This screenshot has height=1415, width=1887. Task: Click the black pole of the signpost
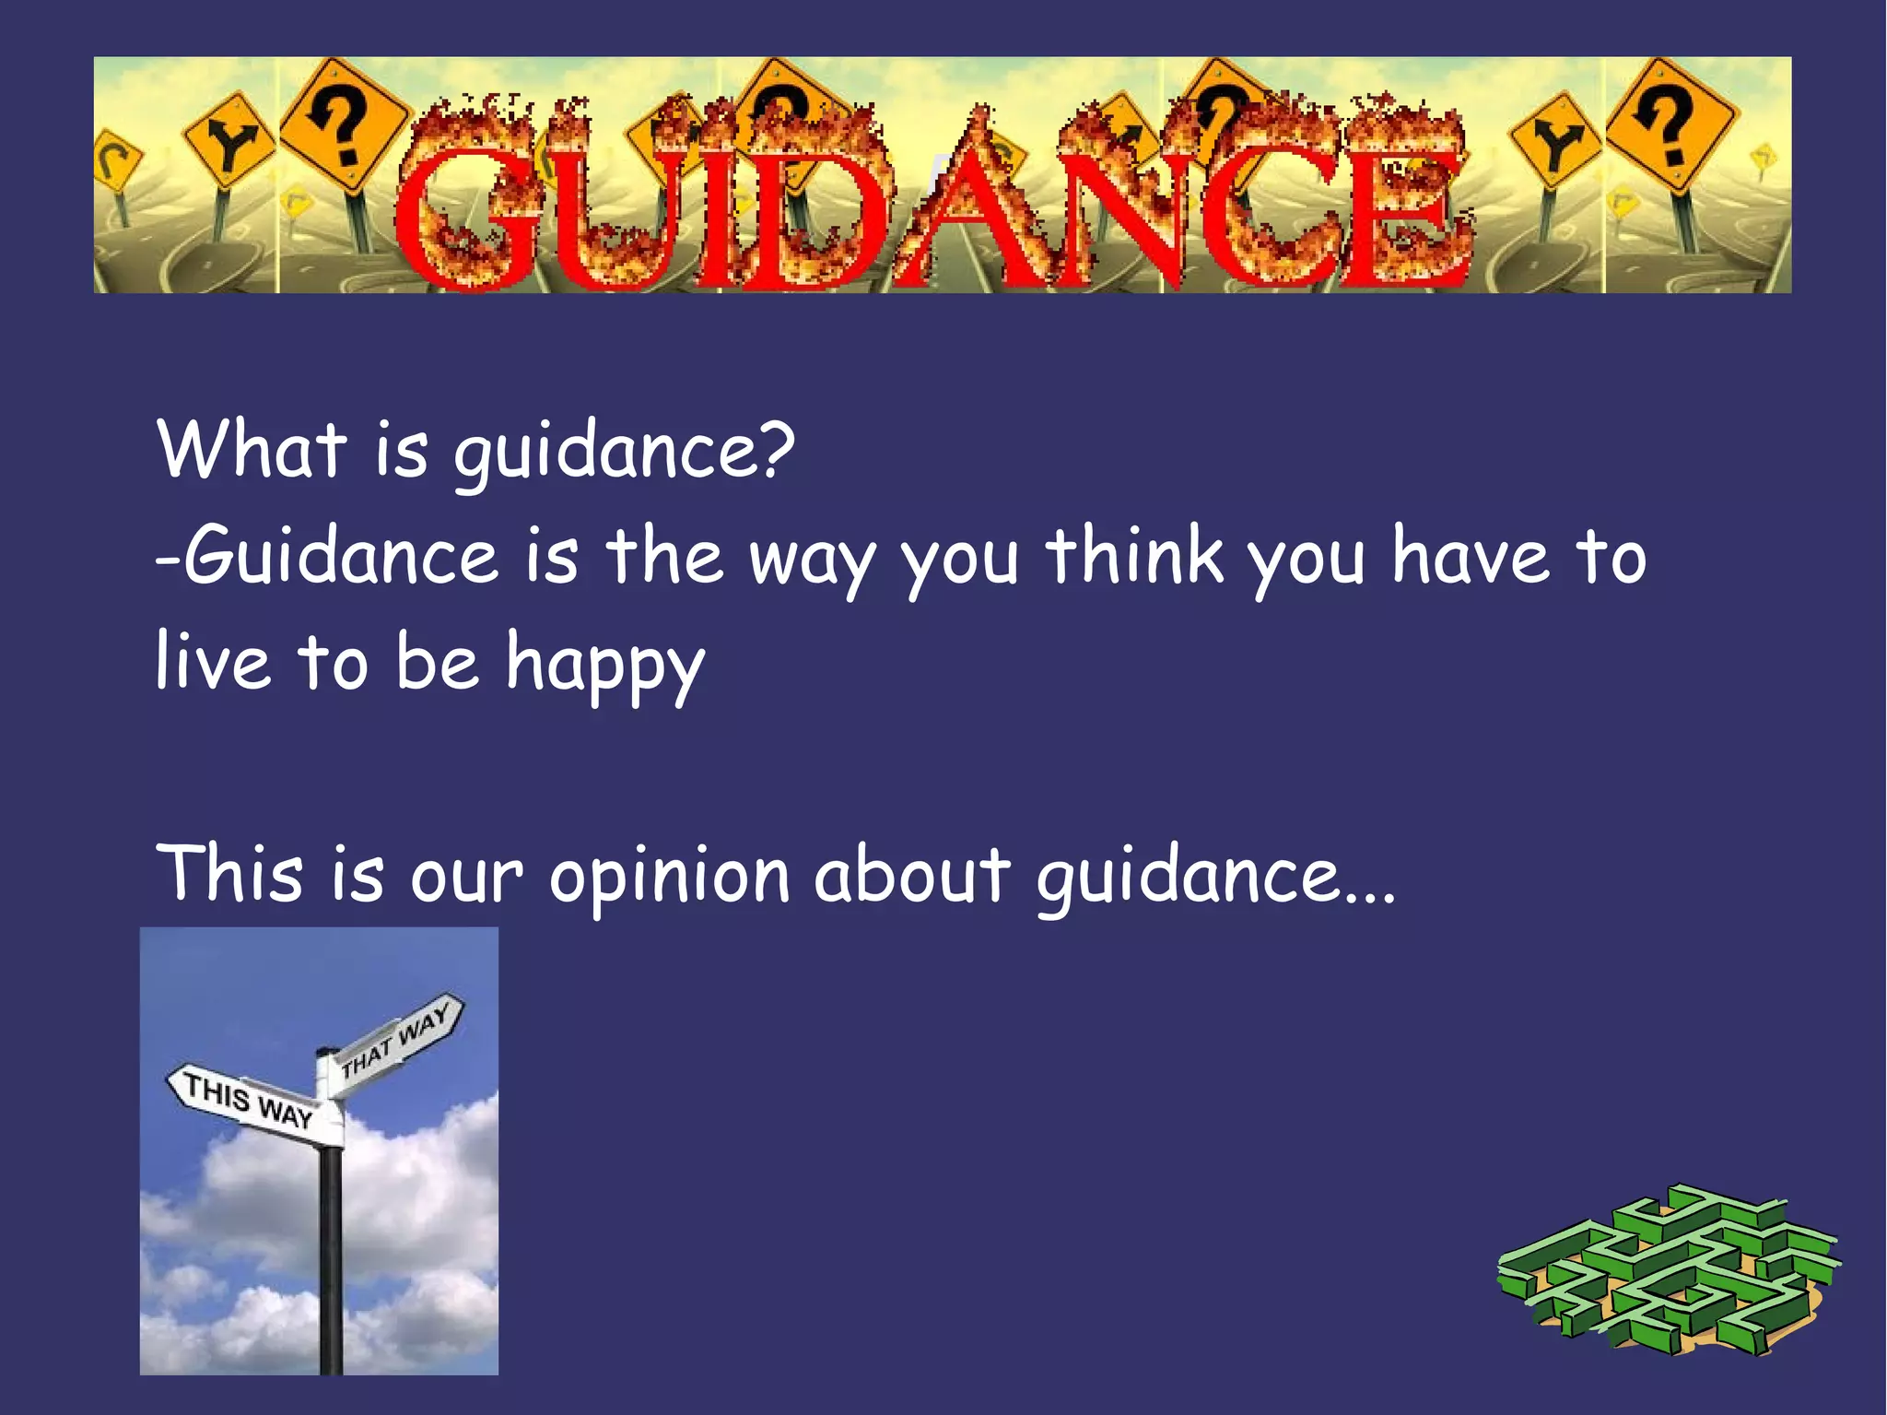point(330,1263)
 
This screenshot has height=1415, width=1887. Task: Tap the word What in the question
point(252,449)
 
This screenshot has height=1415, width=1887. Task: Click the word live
point(213,661)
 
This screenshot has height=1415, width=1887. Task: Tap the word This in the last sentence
point(230,873)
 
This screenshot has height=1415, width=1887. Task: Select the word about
point(911,873)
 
